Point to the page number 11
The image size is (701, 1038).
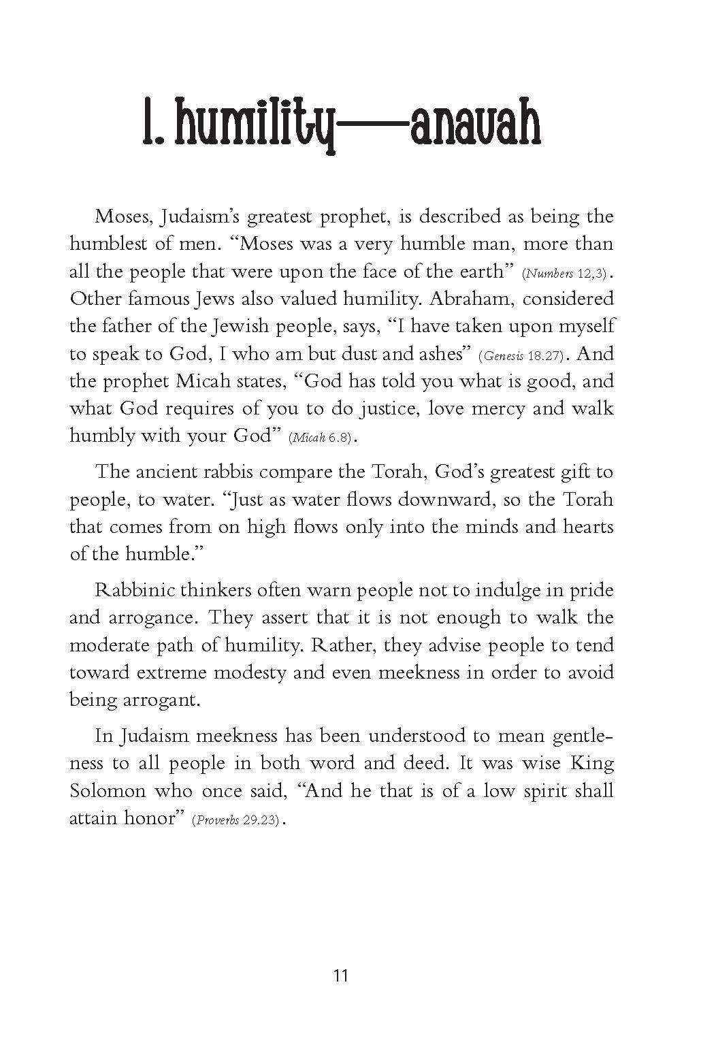[x=342, y=975]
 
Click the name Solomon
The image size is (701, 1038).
[x=108, y=790]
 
